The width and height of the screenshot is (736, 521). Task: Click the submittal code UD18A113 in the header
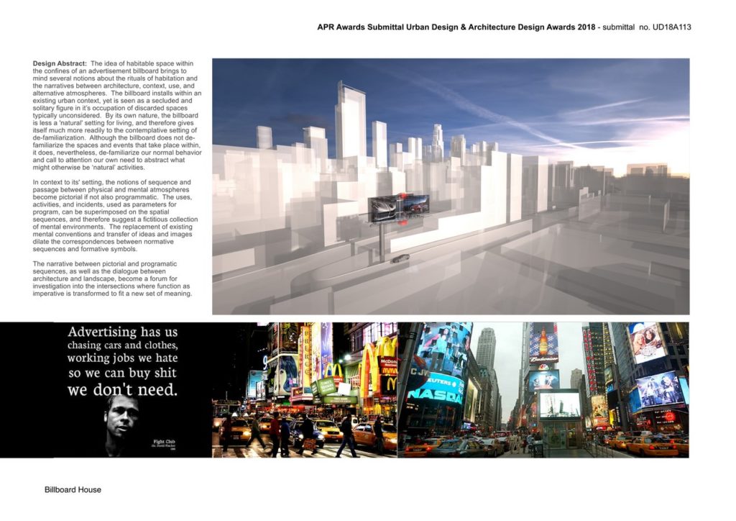[x=672, y=27]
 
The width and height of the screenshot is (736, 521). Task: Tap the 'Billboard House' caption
[x=73, y=490]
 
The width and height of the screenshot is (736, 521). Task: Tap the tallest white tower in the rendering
[x=350, y=122]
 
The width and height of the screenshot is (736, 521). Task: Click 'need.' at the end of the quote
[x=157, y=391]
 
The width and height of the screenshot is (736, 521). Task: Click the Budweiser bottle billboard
[x=543, y=344]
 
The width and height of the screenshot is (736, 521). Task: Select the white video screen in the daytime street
[x=560, y=404]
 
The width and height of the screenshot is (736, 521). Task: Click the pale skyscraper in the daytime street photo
[x=487, y=360]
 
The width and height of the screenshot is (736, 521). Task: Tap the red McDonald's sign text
[x=387, y=362]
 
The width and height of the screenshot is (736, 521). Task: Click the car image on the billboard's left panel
[x=382, y=208]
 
